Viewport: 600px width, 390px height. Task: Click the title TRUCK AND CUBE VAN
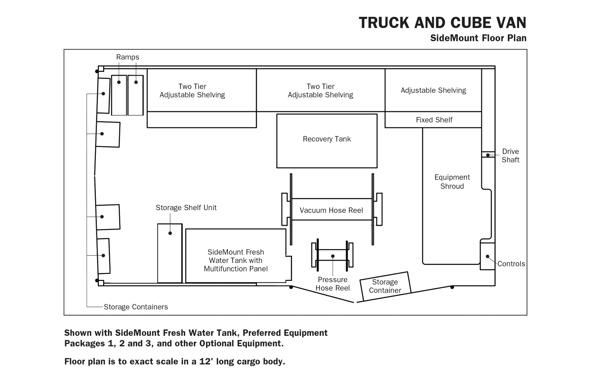pos(442,22)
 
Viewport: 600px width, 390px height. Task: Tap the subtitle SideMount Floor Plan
pos(478,38)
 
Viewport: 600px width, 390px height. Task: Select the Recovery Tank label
pos(327,139)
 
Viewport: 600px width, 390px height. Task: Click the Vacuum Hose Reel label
pos(331,210)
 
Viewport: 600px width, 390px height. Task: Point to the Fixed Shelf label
pos(434,120)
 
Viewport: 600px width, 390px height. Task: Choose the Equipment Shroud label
pos(452,182)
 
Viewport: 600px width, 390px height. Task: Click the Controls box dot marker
pos(487,256)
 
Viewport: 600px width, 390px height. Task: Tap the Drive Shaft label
pos(510,156)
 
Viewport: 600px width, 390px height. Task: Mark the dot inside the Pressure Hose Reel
pos(333,256)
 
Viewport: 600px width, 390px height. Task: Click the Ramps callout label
pos(128,57)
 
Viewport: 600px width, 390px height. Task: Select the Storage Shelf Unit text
pos(186,208)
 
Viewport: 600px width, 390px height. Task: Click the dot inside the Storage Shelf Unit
pos(170,233)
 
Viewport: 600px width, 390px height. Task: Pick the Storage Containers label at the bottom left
pos(136,307)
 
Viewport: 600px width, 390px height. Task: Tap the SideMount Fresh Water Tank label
pos(236,260)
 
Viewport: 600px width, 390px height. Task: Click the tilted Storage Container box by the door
pos(385,286)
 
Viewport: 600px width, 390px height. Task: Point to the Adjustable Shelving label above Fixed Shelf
pos(433,90)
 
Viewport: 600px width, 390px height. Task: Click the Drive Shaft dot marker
pos(488,155)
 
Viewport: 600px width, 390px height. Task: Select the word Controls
pos(511,264)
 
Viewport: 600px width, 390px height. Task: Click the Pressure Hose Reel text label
pos(333,284)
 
